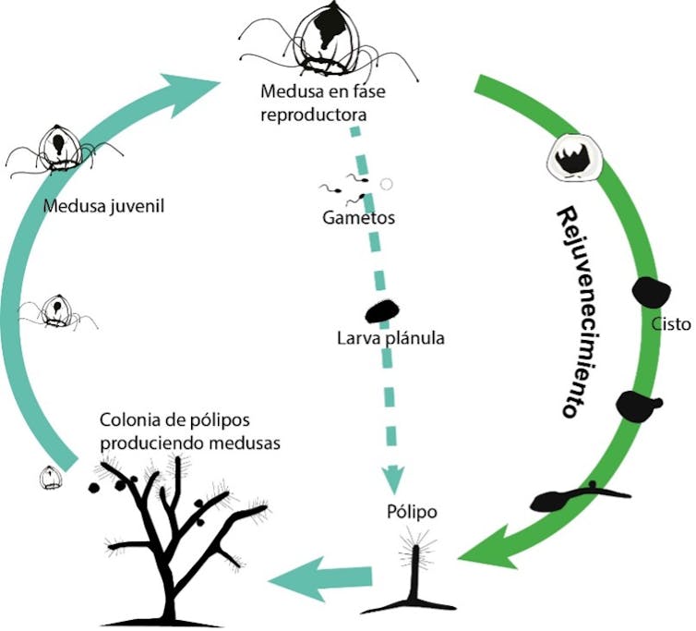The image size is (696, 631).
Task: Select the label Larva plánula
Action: [390, 338]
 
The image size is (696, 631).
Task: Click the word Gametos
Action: [359, 218]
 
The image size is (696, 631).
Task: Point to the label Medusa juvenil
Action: [103, 205]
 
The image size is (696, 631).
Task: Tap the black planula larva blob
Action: [380, 309]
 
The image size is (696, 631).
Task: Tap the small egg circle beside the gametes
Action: [386, 184]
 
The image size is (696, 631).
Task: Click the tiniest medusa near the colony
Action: [51, 477]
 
